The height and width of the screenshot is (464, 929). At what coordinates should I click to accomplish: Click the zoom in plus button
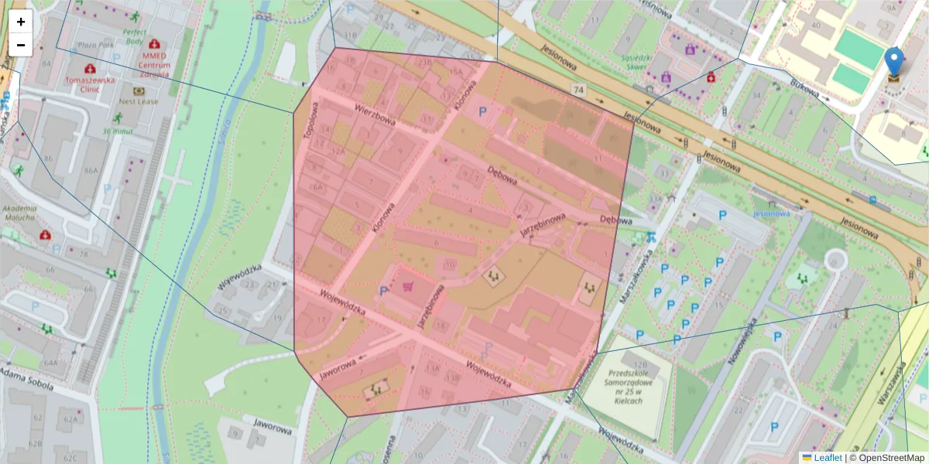(21, 22)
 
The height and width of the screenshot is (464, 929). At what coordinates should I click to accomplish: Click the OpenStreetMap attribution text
(888, 457)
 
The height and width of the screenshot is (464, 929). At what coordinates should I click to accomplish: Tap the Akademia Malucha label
(20, 213)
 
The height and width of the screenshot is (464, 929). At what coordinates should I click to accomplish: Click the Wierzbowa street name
(376, 115)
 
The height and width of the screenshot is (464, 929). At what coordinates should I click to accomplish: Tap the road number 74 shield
(578, 90)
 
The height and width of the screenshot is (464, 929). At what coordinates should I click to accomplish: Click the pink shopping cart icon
(407, 286)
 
